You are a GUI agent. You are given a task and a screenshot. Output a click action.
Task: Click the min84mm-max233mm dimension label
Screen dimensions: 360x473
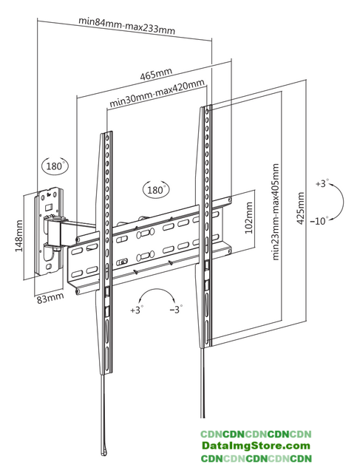(126, 26)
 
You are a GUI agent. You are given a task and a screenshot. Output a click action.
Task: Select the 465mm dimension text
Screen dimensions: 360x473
(156, 74)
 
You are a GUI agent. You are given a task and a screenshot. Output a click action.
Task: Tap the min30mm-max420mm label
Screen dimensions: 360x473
(157, 93)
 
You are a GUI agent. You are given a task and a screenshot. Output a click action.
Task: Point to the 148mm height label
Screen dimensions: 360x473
(18, 236)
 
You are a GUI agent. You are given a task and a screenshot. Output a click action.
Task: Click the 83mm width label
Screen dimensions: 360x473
(50, 299)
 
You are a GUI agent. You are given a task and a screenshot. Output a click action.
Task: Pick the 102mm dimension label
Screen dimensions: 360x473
(248, 218)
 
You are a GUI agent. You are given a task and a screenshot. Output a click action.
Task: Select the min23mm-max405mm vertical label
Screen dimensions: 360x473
(276, 212)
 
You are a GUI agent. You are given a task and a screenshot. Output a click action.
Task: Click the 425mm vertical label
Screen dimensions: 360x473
(300, 208)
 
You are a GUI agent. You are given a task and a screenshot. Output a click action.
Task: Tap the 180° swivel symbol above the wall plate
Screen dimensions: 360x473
(55, 166)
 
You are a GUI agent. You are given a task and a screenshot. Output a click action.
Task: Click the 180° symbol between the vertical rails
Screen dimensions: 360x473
(156, 190)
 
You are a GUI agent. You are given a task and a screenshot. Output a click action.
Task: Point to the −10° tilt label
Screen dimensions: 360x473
(319, 221)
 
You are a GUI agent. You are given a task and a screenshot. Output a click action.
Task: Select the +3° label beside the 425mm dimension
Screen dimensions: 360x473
(322, 183)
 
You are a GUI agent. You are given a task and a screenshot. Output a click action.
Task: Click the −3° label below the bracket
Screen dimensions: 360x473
(176, 310)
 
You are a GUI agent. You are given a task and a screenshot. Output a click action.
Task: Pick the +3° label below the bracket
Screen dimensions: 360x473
(137, 310)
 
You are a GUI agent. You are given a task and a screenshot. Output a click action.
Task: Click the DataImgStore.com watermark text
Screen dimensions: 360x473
(256, 446)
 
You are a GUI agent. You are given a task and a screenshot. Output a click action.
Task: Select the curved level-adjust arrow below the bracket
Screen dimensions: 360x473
(157, 289)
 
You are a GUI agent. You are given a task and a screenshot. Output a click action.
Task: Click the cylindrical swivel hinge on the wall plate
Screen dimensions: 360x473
(53, 231)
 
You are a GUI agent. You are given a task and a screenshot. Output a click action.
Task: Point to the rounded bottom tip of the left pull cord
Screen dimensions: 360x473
(104, 452)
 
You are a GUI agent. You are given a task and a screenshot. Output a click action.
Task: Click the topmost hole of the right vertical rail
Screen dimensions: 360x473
(207, 112)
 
